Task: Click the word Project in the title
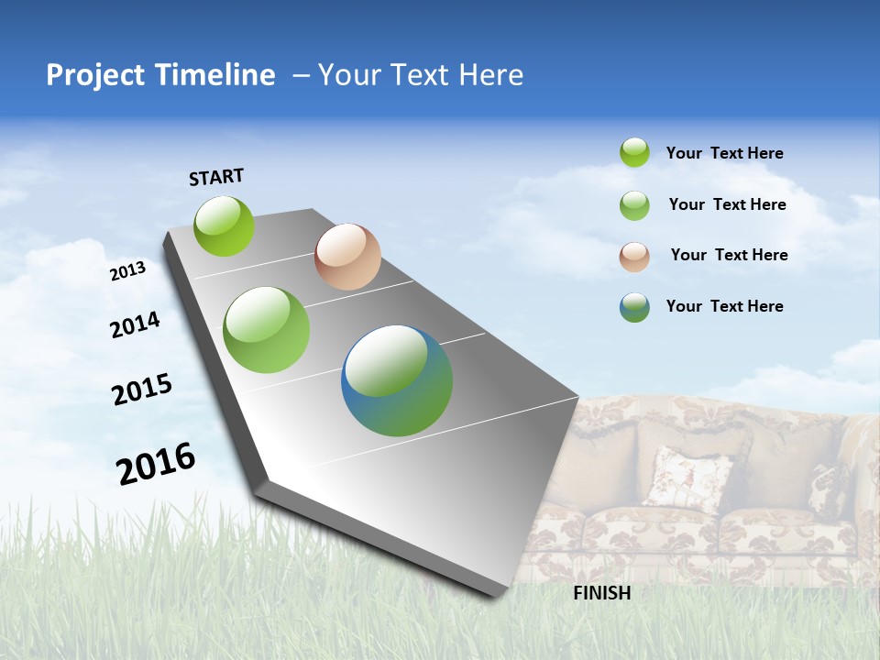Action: click(96, 75)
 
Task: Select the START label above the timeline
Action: click(216, 177)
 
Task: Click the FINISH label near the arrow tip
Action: click(602, 593)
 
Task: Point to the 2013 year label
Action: click(127, 271)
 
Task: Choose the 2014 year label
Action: click(135, 324)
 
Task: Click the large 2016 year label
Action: click(156, 463)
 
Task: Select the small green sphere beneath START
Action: click(225, 225)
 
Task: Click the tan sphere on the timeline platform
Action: click(347, 257)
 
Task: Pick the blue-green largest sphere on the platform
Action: click(397, 380)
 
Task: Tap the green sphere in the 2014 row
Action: click(267, 330)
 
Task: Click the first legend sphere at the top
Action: click(634, 152)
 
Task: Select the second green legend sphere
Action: click(634, 205)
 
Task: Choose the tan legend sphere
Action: click(634, 257)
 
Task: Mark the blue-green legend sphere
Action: click(634, 307)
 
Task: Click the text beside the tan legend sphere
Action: click(729, 255)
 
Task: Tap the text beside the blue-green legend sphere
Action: click(724, 306)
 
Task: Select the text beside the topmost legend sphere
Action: click(724, 154)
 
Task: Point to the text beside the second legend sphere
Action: click(727, 204)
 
